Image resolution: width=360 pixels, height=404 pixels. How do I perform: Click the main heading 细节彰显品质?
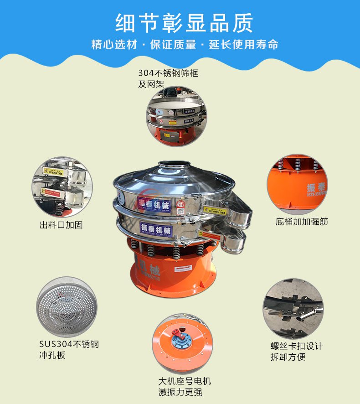184,23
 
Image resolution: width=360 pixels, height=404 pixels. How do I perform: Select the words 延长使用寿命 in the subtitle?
243,45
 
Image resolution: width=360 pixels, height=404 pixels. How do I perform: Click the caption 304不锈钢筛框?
168,73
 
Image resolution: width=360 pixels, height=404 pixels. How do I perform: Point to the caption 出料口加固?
62,225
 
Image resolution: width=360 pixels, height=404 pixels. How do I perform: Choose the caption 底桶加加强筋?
302,222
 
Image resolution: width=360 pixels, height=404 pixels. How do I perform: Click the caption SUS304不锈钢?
69,344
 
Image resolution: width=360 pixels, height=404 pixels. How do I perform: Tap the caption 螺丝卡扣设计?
297,347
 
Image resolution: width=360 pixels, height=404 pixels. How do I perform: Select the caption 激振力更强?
180,392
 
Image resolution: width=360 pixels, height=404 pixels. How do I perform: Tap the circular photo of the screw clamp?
293,309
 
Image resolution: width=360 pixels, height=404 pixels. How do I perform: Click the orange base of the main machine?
173,274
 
